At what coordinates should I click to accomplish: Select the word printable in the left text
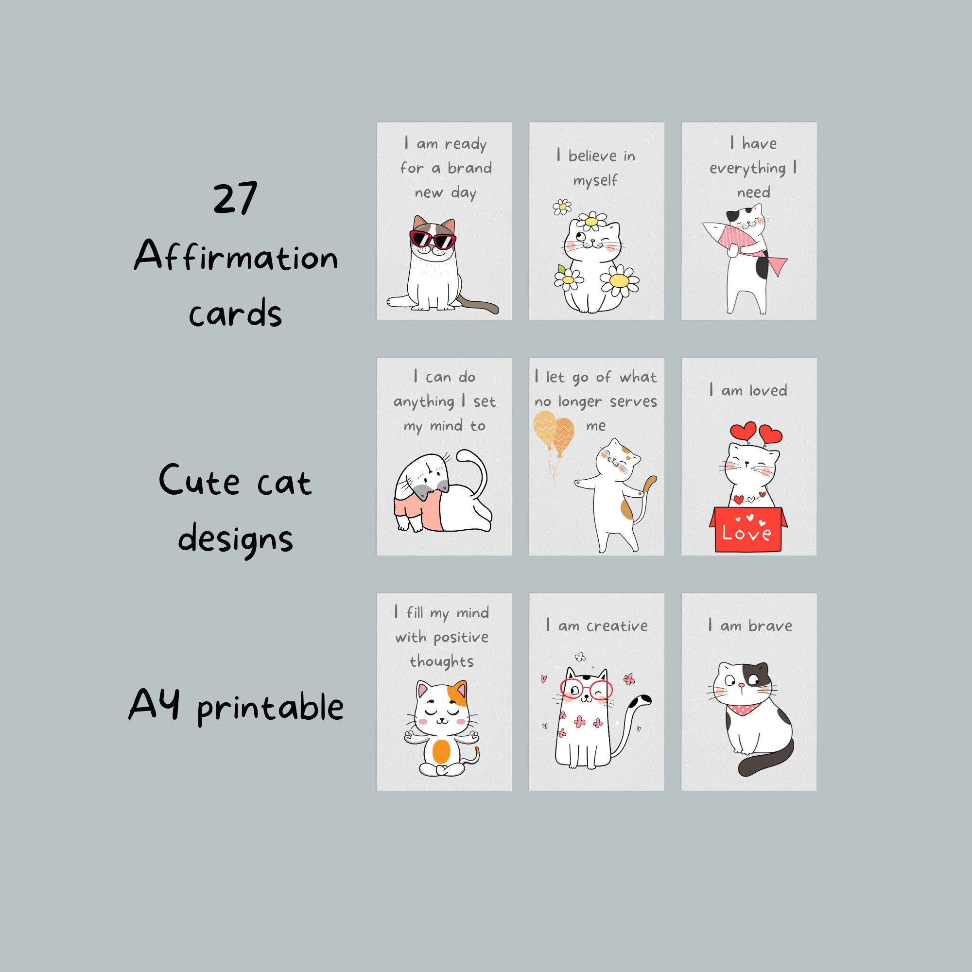pos(270,708)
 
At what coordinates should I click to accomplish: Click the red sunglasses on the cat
pos(432,240)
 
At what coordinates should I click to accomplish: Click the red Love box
pos(747,530)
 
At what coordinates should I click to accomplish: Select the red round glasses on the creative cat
pos(586,689)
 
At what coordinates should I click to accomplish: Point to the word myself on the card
pos(595,181)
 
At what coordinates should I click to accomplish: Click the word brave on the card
pos(770,626)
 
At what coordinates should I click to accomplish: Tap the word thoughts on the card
pos(442,661)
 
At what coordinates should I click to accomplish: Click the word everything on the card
pos(747,169)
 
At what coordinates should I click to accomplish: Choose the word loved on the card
pos(768,390)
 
